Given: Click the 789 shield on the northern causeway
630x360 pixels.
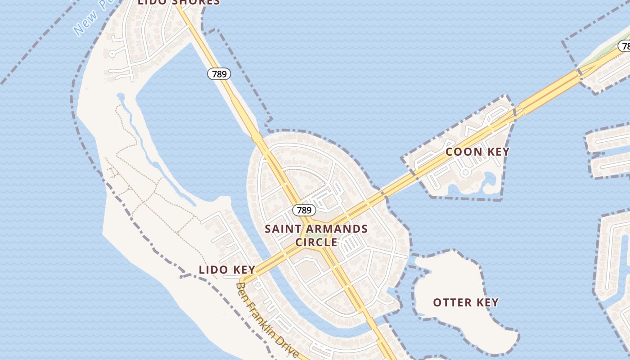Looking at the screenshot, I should [x=219, y=74].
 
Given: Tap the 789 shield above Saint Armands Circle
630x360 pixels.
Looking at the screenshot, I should [x=304, y=210].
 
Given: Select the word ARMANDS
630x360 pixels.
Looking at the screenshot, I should [x=335, y=229].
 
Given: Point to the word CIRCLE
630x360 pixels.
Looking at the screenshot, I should [x=316, y=242].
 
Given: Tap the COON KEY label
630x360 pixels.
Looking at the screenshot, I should [x=477, y=152].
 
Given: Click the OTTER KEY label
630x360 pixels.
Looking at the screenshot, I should [x=466, y=302].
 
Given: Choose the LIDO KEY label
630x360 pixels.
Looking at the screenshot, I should [x=227, y=270].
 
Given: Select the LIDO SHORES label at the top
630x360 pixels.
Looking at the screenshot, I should [x=179, y=2].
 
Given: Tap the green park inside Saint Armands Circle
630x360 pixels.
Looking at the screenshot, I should [x=316, y=235].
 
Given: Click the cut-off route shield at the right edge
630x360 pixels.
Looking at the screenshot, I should [x=625, y=46].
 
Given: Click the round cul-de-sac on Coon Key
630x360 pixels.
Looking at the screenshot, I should [x=466, y=172].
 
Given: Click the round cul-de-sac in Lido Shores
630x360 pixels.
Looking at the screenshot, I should [x=112, y=54].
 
